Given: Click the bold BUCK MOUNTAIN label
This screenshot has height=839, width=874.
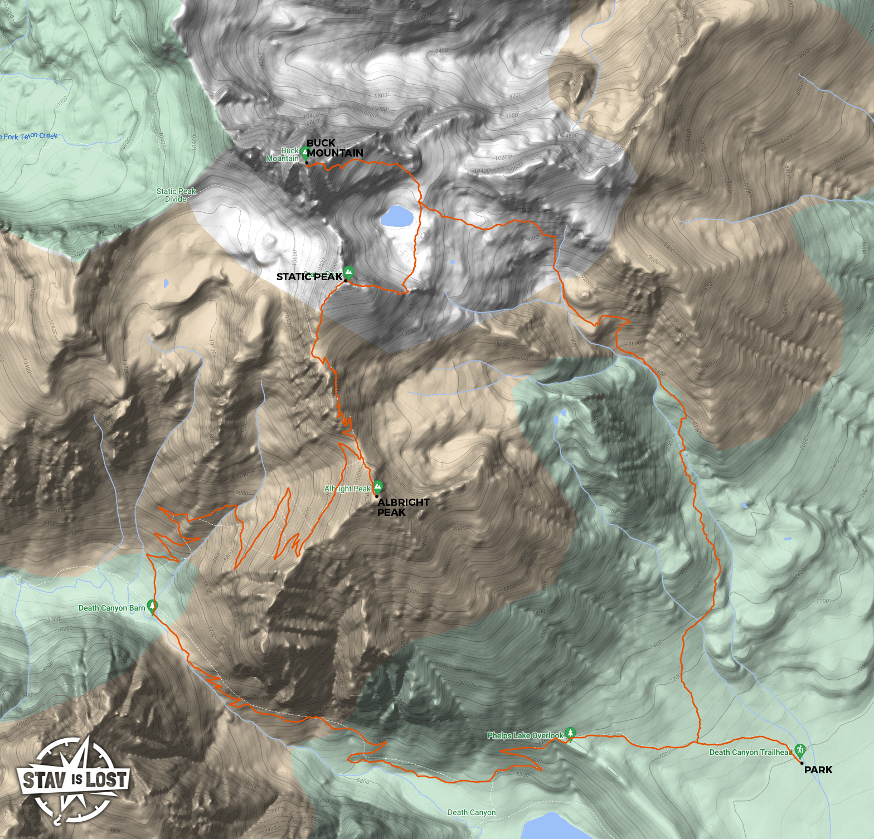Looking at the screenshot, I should click(334, 148).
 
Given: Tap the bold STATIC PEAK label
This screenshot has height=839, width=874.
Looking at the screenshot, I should click(309, 277).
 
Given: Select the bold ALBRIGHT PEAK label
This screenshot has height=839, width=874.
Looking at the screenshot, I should click(402, 507).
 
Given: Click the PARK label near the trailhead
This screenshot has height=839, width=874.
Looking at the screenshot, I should click(818, 770).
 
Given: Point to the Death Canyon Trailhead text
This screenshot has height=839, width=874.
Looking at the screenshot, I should click(750, 752).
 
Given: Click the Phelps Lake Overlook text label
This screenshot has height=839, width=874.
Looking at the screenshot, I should click(525, 735).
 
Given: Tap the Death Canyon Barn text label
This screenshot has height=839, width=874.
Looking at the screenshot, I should click(111, 608).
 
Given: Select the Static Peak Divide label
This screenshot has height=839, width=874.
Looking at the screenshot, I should click(176, 195).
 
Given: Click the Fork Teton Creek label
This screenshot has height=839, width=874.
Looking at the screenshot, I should click(30, 136).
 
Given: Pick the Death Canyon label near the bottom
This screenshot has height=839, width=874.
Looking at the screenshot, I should click(471, 812).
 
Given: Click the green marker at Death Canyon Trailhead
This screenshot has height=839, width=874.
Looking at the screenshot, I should click(800, 750).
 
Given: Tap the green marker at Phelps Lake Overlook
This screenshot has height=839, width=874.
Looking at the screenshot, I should click(570, 733).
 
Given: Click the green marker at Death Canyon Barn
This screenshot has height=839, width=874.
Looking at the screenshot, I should click(152, 606).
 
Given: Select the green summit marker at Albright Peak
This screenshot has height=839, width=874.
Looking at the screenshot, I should click(377, 486).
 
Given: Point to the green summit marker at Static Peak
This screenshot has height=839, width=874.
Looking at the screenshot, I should click(348, 272).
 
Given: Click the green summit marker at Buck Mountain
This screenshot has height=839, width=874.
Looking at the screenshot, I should click(305, 152).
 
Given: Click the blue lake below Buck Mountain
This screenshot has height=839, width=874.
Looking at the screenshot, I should click(397, 216).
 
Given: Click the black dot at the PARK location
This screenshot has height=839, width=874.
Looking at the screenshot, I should click(802, 763).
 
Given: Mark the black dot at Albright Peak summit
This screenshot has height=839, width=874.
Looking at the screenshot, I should click(376, 496).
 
